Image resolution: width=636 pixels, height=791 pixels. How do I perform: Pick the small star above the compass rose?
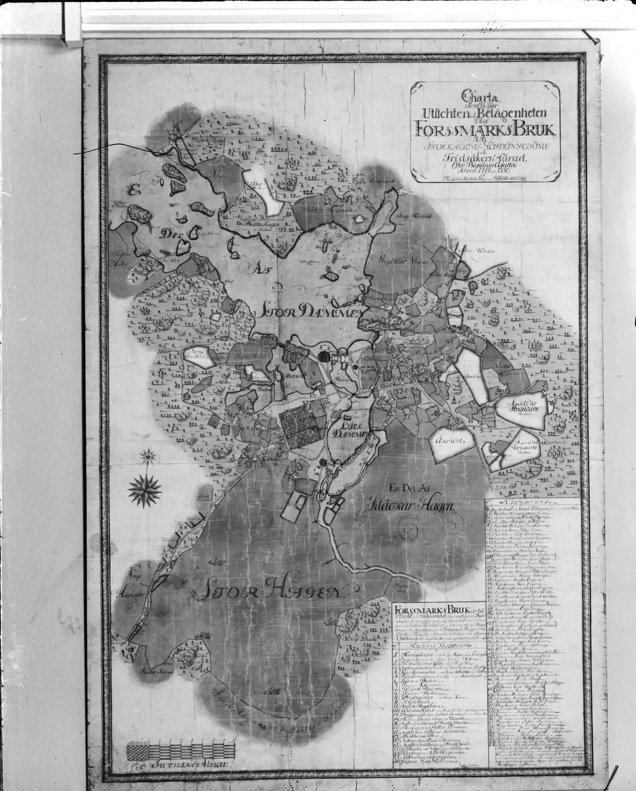coord(147,455)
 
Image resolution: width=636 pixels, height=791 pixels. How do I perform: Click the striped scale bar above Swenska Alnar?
coord(181,749)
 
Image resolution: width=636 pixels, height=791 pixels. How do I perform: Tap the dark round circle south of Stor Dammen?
coord(325,357)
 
